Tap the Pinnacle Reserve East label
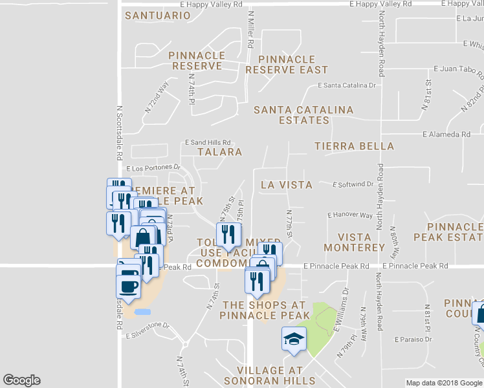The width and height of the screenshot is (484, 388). click(287, 64)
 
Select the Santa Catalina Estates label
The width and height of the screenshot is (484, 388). click(303, 114)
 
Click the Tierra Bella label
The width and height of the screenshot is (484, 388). click(354, 146)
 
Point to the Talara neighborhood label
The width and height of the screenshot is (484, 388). click(219, 152)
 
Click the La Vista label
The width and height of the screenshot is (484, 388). click(287, 185)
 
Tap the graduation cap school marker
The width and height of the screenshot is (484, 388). click(293, 339)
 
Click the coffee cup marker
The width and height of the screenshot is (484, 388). click(128, 285)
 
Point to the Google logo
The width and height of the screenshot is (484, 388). click(21, 380)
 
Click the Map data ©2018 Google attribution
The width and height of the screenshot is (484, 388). click(443, 383)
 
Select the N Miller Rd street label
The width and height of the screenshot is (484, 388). click(250, 29)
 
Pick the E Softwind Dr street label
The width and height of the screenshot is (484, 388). click(353, 184)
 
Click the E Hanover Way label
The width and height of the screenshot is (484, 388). click(350, 215)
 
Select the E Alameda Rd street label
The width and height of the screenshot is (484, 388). click(446, 135)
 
